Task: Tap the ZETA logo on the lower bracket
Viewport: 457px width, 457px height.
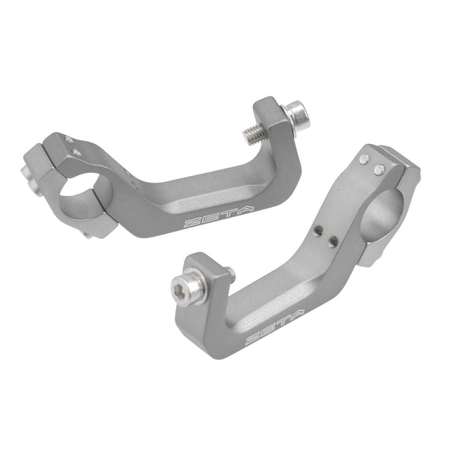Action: coord(274,327)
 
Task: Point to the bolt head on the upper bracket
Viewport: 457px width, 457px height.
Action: coord(299,114)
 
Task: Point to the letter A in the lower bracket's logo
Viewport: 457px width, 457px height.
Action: coord(297,315)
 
